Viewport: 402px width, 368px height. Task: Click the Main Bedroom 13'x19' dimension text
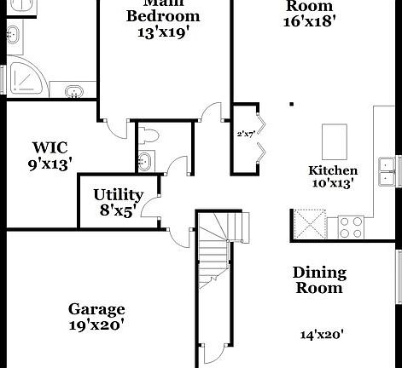pyautogui.click(x=163, y=34)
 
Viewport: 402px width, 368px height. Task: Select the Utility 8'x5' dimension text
pyautogui.click(x=118, y=210)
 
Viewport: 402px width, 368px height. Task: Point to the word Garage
pyautogui.click(x=96, y=309)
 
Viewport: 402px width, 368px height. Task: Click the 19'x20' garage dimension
pyautogui.click(x=96, y=325)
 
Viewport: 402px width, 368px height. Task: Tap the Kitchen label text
pyautogui.click(x=333, y=170)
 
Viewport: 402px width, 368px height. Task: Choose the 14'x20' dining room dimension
pyautogui.click(x=320, y=335)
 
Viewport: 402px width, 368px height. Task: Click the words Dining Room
pyautogui.click(x=319, y=280)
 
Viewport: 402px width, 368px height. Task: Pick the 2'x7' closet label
pyautogui.click(x=245, y=134)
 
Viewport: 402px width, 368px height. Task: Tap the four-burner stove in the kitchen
pyautogui.click(x=350, y=227)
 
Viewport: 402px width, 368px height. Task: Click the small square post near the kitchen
pyautogui.click(x=291, y=105)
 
